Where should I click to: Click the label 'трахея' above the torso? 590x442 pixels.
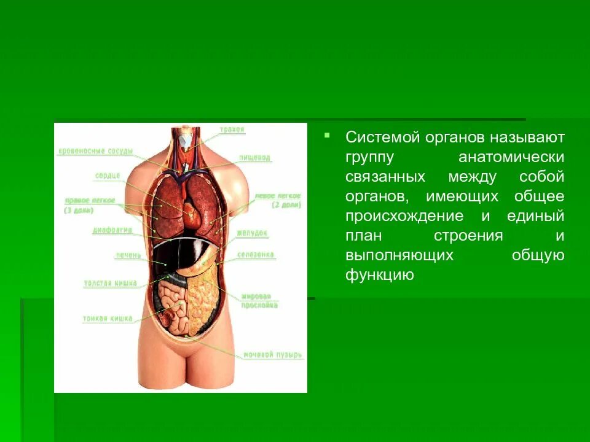[x=232, y=130]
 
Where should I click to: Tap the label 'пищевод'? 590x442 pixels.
[x=255, y=158]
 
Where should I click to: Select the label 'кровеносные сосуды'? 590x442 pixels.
[x=96, y=151]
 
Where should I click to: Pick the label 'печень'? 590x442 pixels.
[x=128, y=255]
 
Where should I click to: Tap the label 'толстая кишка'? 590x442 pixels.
[x=111, y=283]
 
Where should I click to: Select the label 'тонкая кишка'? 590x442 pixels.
[x=108, y=319]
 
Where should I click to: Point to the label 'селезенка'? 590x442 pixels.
[x=256, y=255]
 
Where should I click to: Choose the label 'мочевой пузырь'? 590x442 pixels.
[x=272, y=355]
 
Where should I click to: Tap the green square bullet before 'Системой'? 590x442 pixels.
[x=328, y=134]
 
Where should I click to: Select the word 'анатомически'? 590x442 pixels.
[x=511, y=157]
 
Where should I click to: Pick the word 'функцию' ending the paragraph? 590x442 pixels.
[x=380, y=275]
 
